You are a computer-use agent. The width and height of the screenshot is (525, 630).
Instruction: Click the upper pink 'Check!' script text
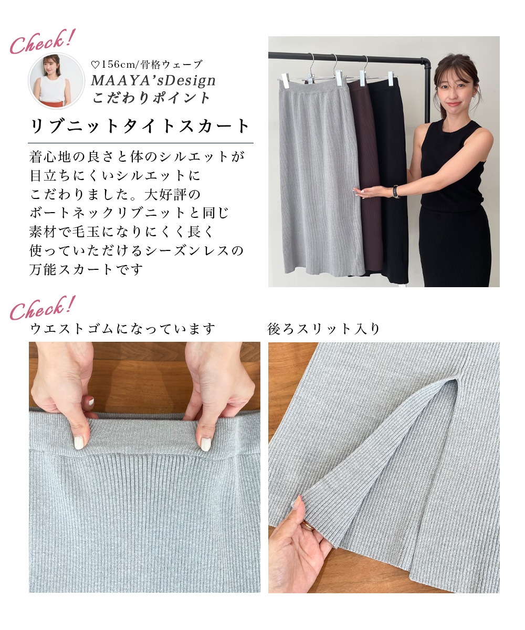42,41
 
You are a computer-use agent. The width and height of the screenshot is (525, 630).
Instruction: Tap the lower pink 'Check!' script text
42,308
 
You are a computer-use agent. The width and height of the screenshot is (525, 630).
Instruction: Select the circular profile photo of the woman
56,80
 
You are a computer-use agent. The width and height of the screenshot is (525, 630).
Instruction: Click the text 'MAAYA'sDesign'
153,80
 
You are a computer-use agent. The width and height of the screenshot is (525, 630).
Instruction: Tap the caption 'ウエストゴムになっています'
122,329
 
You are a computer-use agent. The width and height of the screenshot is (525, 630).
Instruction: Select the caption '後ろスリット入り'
323,329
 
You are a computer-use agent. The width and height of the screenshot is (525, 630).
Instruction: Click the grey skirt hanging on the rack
321,178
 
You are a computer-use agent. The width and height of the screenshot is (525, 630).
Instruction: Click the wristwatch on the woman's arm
395,192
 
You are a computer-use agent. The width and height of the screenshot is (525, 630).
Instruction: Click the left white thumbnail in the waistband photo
79,443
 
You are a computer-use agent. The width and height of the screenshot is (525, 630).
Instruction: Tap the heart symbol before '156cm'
96,65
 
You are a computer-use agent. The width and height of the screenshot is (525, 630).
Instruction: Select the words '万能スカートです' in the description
86,269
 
